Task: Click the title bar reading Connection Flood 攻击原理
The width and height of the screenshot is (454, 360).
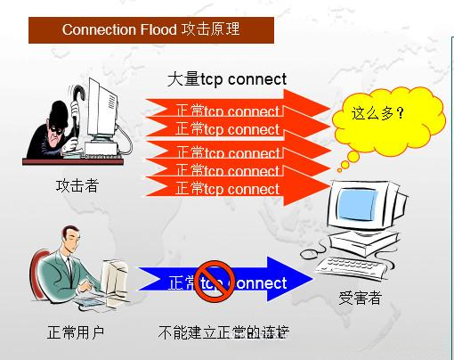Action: [150, 29]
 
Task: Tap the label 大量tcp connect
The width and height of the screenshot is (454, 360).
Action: [227, 78]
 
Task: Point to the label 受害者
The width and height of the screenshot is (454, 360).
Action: [360, 297]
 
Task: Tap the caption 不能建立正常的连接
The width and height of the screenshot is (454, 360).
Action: [223, 333]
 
